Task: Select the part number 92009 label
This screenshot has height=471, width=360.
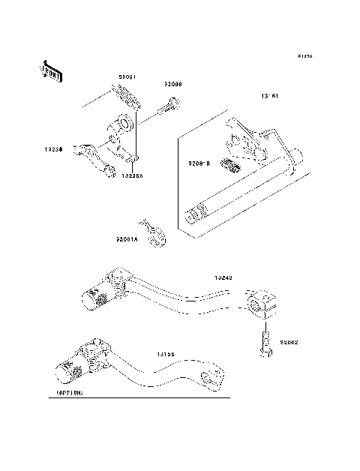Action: [173, 85]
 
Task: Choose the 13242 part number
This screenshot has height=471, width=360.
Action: [223, 277]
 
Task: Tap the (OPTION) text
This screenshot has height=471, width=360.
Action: [70, 392]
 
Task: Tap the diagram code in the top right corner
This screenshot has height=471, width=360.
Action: [304, 56]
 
